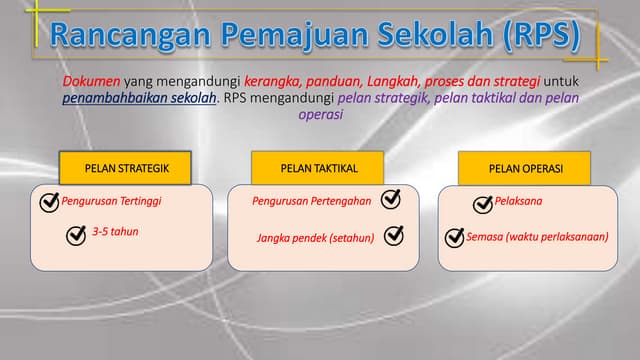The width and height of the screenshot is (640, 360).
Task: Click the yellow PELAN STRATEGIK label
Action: click(x=126, y=168)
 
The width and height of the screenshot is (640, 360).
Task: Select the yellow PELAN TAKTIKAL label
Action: click(x=318, y=168)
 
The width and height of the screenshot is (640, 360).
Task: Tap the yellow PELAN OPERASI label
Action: click(x=525, y=168)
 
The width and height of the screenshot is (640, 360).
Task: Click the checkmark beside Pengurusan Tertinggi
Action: click(x=48, y=203)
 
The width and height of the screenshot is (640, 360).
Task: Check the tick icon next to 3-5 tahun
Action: click(x=76, y=235)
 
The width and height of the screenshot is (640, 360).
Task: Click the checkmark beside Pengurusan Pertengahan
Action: click(x=391, y=200)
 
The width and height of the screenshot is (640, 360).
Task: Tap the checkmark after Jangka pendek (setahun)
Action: click(x=394, y=236)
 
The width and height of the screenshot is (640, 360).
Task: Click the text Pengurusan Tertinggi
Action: click(x=111, y=201)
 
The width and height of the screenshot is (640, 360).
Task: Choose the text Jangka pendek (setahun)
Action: click(x=315, y=238)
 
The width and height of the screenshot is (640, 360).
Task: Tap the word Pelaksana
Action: click(x=519, y=201)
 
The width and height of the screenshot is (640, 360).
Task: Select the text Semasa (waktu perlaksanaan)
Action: click(x=537, y=237)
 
